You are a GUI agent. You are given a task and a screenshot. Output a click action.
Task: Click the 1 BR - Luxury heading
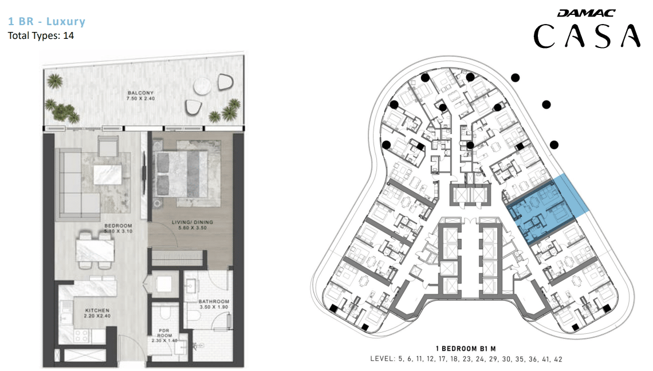tap(46, 21)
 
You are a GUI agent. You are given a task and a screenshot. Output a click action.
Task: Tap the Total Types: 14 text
tap(41, 36)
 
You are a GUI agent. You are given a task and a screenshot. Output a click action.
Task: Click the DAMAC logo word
tap(586, 13)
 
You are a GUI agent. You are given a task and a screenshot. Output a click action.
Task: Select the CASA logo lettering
tap(587, 36)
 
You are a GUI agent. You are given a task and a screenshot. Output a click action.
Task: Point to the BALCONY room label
tap(141, 93)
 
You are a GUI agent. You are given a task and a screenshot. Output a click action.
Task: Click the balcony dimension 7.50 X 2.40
tap(141, 98)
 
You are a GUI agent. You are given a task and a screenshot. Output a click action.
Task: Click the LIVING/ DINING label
tap(192, 222)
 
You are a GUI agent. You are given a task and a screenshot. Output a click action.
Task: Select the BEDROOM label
tap(118, 226)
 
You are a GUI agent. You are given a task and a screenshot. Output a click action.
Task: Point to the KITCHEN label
tap(97, 310)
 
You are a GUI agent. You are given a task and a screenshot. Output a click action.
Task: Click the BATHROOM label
tap(214, 302)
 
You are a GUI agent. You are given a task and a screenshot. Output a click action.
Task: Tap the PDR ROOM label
tap(164, 333)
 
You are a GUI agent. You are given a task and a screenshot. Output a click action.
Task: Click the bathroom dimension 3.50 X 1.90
tap(214, 307)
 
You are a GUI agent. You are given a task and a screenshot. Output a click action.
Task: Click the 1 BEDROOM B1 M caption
tap(466, 349)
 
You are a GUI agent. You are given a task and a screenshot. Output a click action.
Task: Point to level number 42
tap(558, 359)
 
